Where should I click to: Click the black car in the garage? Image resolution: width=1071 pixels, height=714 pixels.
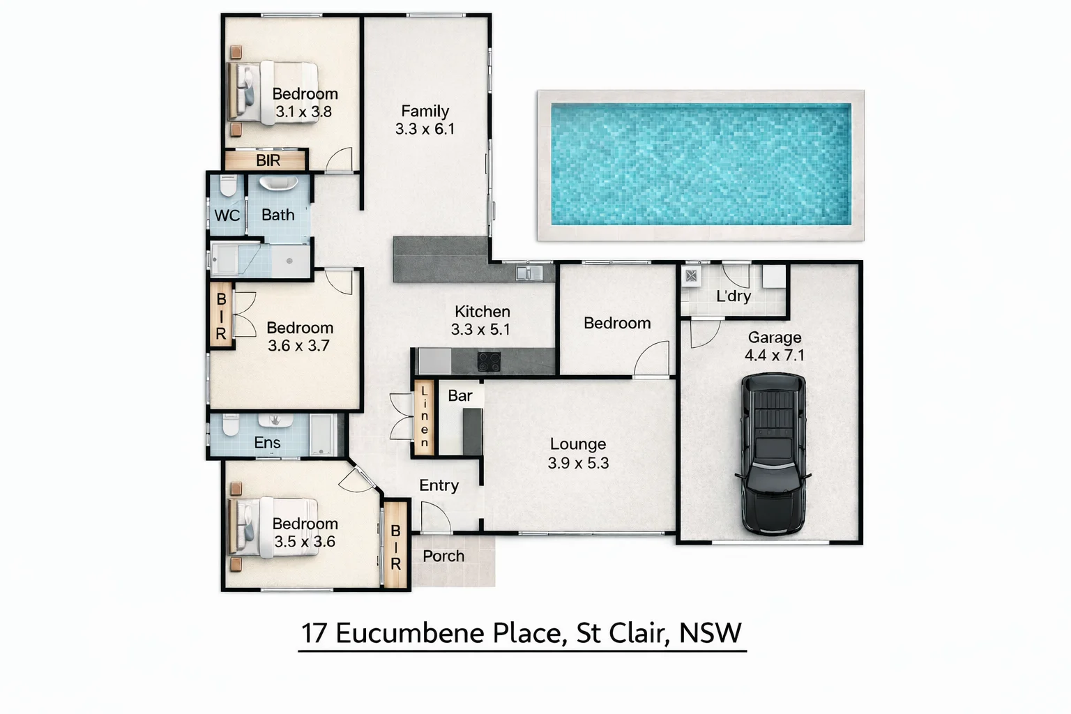point(773,453)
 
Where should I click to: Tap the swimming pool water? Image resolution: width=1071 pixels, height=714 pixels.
point(701,165)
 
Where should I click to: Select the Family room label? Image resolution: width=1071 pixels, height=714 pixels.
point(425,112)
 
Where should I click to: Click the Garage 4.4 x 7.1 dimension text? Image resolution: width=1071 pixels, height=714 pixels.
point(774,355)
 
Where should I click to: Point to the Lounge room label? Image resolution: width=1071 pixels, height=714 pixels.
point(577,444)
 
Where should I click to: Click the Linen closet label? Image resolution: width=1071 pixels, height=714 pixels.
point(424,417)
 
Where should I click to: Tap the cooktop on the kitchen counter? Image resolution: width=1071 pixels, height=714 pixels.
point(489,361)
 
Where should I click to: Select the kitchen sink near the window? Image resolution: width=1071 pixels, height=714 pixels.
point(529,273)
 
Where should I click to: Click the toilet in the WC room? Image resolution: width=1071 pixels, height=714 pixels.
point(228,187)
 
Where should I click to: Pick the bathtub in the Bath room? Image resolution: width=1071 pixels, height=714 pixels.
point(278,184)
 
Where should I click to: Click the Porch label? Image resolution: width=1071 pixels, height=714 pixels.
point(443,556)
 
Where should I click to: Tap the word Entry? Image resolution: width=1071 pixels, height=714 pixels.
point(439,485)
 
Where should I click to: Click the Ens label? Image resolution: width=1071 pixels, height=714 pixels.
point(267,443)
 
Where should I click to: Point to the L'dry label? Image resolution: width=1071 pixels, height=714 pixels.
point(734,296)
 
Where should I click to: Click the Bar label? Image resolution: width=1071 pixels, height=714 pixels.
point(459,395)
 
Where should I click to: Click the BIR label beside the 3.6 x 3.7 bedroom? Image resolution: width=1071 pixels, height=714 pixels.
point(221,316)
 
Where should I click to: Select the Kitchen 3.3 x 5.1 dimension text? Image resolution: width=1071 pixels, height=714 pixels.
point(480,329)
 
